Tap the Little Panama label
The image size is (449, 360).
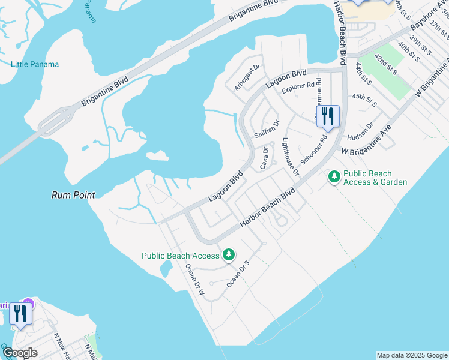pyautogui.click(x=35, y=64)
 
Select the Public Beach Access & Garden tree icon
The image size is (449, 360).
pyautogui.click(x=334, y=177)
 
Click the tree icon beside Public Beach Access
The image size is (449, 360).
pyautogui.click(x=228, y=256)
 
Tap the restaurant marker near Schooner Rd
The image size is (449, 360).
pyautogui.click(x=327, y=115)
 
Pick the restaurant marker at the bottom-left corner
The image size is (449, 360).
pyautogui.click(x=20, y=314)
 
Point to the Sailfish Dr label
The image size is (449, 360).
pyautogui.click(x=267, y=129)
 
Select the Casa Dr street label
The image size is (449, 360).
pyautogui.click(x=264, y=157)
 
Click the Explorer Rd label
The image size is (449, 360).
pyautogui.click(x=298, y=85)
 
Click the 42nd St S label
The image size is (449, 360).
pyautogui.click(x=385, y=63)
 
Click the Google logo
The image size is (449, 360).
pyautogui.click(x=20, y=352)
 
